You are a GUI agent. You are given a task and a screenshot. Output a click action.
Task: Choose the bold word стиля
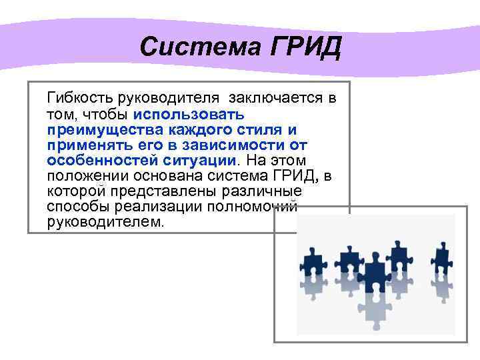coord(255,129)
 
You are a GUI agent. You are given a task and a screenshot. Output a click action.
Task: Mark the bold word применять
coord(83,145)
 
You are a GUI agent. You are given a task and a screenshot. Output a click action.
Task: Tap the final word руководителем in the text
coord(105,221)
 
